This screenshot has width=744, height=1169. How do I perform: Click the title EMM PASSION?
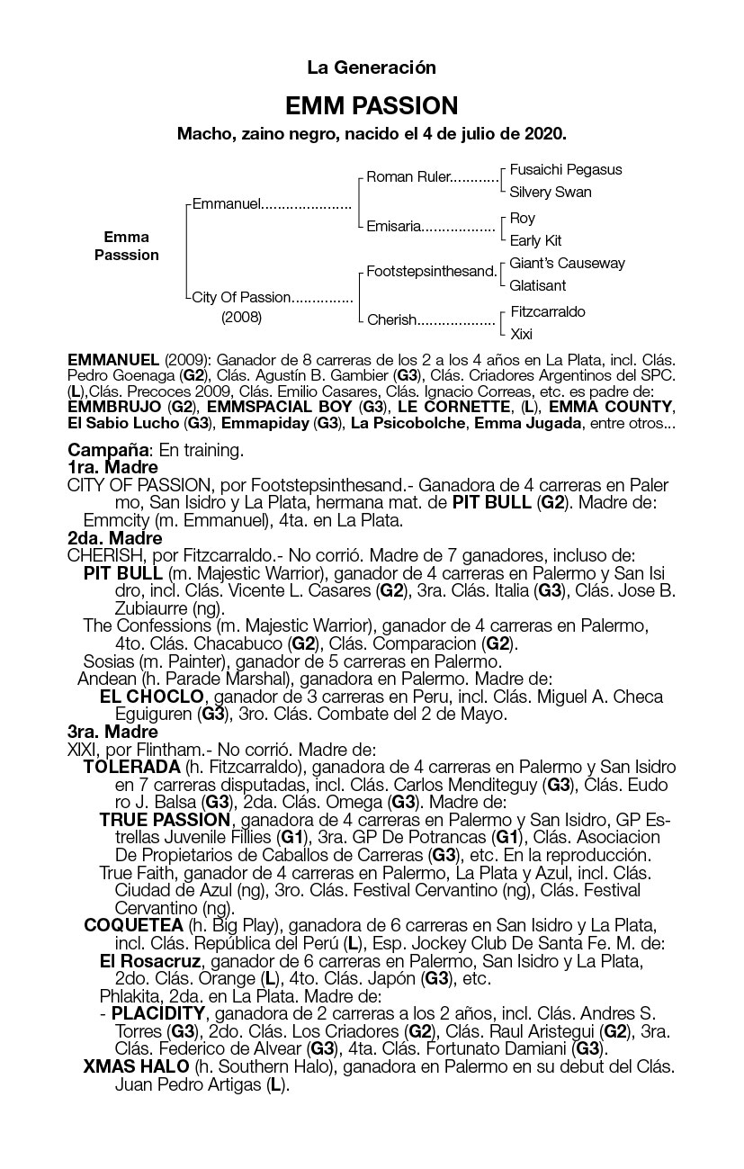click(x=372, y=106)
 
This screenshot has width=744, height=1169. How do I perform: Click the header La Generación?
click(x=372, y=67)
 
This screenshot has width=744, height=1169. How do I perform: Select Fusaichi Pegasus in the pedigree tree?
click(x=565, y=169)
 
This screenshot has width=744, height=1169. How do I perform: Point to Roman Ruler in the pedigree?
click(x=408, y=177)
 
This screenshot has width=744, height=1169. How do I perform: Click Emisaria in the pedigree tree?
click(x=393, y=227)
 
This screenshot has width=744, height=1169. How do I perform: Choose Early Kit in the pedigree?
click(x=535, y=240)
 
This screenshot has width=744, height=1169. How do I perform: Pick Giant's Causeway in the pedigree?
click(x=567, y=264)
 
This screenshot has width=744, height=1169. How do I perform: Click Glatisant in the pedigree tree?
click(x=538, y=285)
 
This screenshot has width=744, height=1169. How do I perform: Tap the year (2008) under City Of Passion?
click(x=241, y=317)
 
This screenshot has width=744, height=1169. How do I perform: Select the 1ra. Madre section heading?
click(x=112, y=467)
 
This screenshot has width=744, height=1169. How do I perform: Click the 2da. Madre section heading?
click(x=114, y=538)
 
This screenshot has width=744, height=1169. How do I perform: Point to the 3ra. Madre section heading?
click(x=112, y=732)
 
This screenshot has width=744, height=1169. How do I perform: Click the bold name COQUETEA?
click(x=133, y=925)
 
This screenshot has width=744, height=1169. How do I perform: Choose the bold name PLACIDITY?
click(x=158, y=1013)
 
